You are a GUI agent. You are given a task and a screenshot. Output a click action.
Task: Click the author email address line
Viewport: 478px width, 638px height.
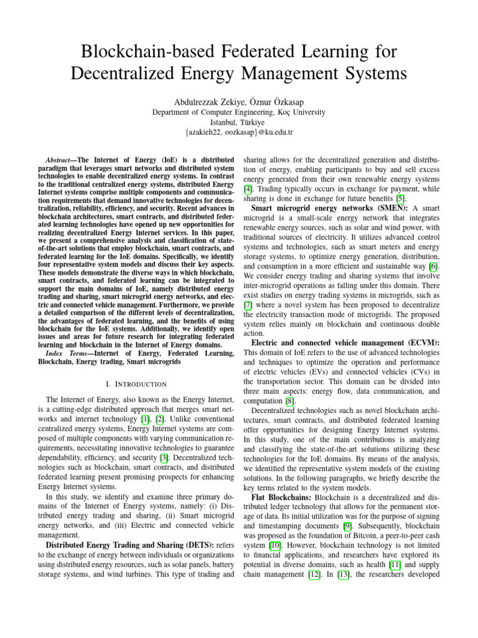(x=239, y=133)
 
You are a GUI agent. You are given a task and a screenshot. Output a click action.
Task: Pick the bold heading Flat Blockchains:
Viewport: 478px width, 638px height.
(x=281, y=499)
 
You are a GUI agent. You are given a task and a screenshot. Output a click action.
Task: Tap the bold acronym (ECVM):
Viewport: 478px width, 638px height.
(x=421, y=343)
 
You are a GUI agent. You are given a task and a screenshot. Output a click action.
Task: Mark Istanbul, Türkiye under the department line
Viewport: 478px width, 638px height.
(x=239, y=122)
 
